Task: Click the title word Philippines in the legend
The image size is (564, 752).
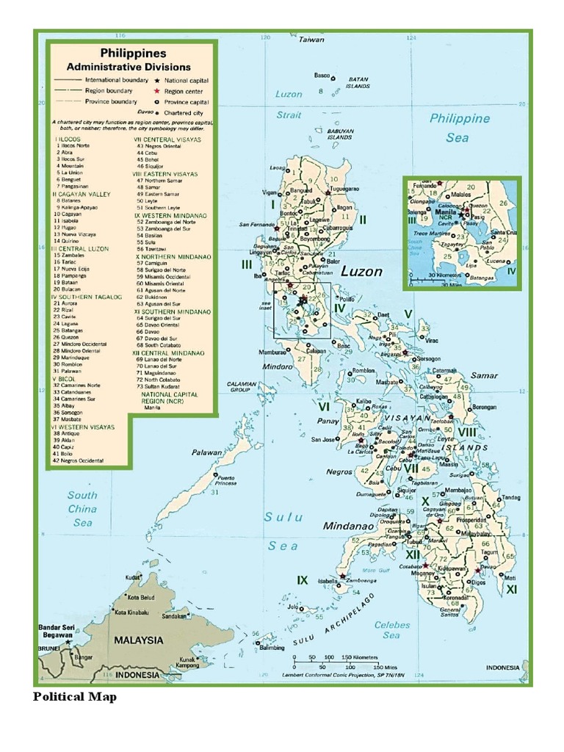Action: click(x=133, y=54)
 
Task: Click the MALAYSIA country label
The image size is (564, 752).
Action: click(x=139, y=640)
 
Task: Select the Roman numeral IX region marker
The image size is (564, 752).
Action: click(x=302, y=580)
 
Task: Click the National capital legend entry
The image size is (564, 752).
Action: click(x=186, y=80)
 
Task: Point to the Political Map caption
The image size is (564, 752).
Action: click(x=74, y=697)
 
